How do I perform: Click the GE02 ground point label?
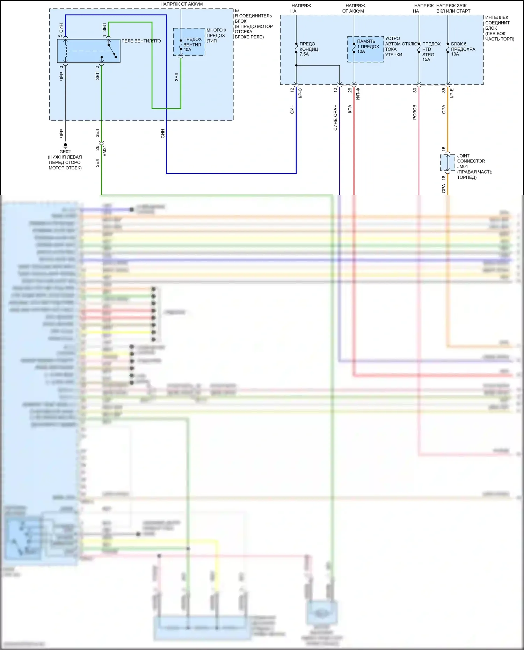65,152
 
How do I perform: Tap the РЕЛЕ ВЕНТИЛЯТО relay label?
141,41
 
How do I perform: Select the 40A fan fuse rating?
187,50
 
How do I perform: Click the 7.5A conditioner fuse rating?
304,54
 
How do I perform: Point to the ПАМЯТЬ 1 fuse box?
365,49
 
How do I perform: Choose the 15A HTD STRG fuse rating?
426,59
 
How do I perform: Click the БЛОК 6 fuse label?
458,44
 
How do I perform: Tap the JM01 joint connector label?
463,166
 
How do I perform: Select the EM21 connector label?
104,151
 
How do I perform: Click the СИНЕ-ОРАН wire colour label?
335,117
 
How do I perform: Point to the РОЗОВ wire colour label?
415,112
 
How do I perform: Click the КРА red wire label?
350,109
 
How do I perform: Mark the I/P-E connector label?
452,93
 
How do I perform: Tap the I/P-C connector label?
300,93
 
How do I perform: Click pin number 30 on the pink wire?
415,90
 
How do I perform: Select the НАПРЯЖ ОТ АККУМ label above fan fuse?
181,4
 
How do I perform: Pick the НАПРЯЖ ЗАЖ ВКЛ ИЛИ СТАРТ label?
453,8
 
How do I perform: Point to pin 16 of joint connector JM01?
443,149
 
